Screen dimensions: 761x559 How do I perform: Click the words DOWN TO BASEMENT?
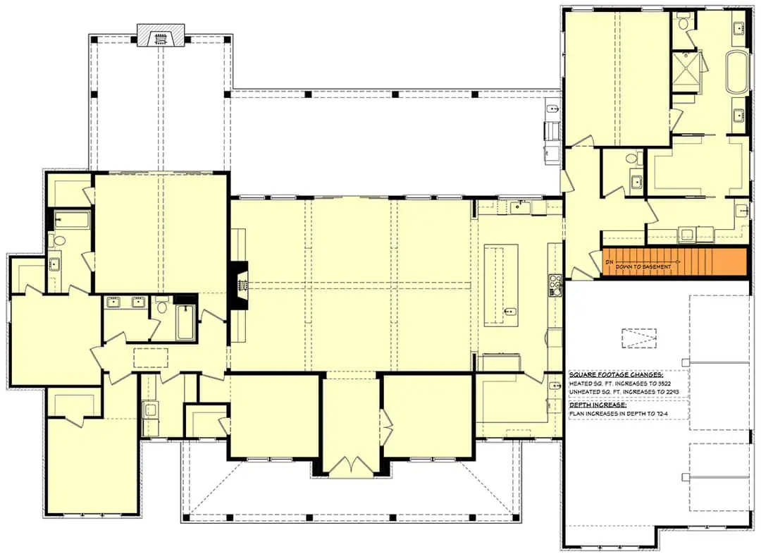(x=643, y=267)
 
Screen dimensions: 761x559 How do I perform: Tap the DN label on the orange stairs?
(x=609, y=262)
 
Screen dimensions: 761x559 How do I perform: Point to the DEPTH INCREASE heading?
(x=598, y=405)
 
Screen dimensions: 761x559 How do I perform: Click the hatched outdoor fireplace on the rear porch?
(x=161, y=35)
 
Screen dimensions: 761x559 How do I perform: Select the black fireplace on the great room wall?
(x=239, y=285)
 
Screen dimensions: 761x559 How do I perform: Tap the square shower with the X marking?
(x=686, y=72)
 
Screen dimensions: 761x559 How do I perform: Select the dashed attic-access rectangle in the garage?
(x=639, y=338)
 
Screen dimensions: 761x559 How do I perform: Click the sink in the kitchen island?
(x=509, y=312)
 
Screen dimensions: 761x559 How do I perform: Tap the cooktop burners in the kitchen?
(x=555, y=285)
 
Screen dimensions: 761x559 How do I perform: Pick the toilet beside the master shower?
(x=683, y=23)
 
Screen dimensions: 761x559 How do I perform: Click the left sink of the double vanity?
(x=113, y=302)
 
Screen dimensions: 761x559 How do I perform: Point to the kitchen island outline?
(x=501, y=285)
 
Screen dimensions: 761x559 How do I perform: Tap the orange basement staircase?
(x=674, y=262)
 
